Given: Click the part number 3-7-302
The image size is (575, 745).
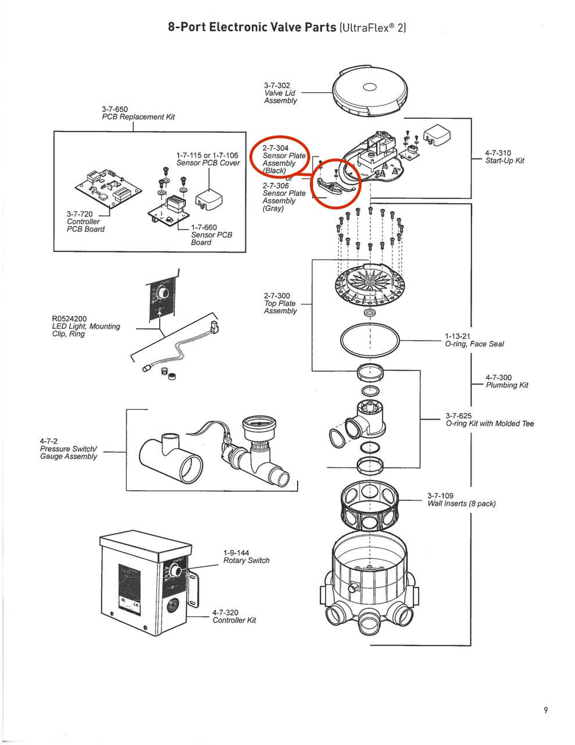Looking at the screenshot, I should (277, 86).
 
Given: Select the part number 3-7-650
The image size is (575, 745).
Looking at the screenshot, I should (115, 109).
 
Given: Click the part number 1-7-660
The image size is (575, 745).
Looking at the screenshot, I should (203, 228).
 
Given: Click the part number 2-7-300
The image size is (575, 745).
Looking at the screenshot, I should (277, 296).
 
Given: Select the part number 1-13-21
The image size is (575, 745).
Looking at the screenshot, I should (458, 336).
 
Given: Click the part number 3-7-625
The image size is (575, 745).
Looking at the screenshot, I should (459, 416).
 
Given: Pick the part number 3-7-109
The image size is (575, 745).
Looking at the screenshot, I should (440, 496).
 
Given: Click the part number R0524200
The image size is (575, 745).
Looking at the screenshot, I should (69, 319).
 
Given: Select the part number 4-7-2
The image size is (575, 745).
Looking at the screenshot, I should (49, 442).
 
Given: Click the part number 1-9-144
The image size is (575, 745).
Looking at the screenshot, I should (236, 553).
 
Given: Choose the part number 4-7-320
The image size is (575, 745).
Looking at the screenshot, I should (225, 613).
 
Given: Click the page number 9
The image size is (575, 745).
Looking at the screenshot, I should (546, 710).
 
